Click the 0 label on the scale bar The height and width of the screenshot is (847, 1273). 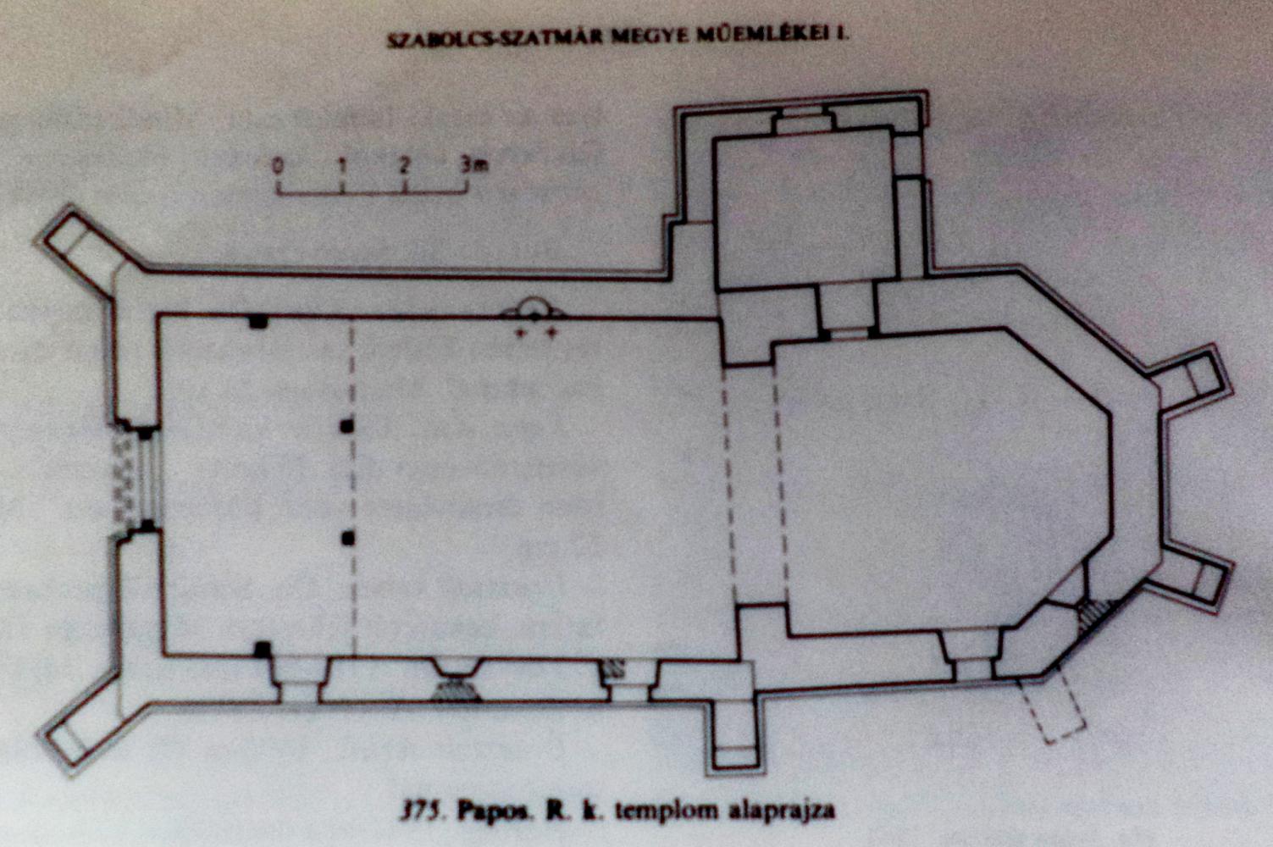277,166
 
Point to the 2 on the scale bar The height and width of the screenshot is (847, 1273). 404,165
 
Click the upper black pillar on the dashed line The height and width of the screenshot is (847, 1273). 346,426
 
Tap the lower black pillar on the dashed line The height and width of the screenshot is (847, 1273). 348,538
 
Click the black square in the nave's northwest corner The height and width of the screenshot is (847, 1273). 258,322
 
